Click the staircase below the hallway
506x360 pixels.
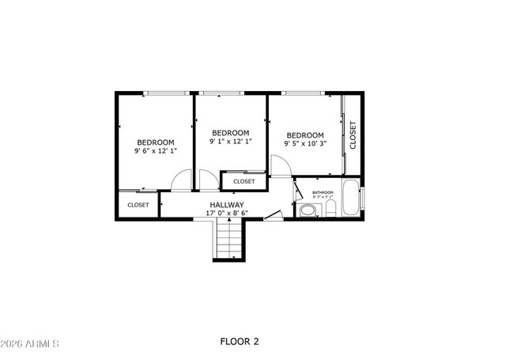(228, 240)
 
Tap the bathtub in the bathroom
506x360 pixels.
(350, 200)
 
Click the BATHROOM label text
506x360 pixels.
(323, 192)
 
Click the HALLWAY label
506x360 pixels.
(226, 205)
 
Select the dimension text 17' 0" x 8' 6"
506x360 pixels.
(226, 213)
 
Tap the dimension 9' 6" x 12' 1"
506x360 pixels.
(155, 150)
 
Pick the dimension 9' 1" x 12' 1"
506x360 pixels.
(230, 142)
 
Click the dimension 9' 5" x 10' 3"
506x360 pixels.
(305, 144)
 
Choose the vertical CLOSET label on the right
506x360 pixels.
(353, 135)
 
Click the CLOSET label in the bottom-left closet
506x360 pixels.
(138, 205)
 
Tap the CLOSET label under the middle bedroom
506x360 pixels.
(244, 181)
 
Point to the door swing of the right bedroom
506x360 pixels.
(281, 166)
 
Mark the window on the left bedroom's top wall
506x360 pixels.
(167, 93)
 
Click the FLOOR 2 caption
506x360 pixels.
(239, 342)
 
